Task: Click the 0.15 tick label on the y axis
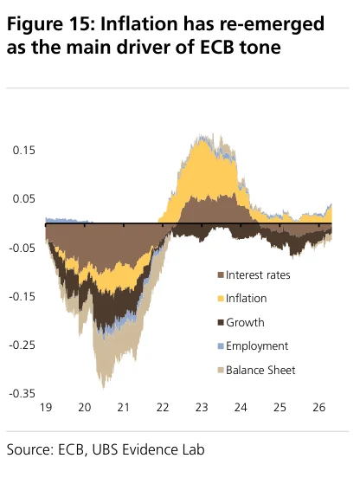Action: click(23, 151)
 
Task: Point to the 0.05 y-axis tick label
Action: click(23, 199)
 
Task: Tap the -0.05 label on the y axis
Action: click(22, 248)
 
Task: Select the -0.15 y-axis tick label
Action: click(22, 297)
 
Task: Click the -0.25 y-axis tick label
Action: click(22, 345)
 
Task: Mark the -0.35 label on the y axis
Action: click(22, 394)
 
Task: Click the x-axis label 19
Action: click(46, 407)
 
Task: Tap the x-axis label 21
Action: click(124, 407)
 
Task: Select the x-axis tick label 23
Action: click(202, 407)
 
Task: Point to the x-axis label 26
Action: click(318, 407)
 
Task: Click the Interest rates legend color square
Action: click(221, 274)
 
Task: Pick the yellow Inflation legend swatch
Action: click(221, 299)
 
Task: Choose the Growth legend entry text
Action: click(245, 322)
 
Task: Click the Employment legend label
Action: click(257, 346)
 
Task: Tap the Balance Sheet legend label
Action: click(260, 370)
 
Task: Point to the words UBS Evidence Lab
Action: click(148, 450)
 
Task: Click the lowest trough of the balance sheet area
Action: click(104, 388)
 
